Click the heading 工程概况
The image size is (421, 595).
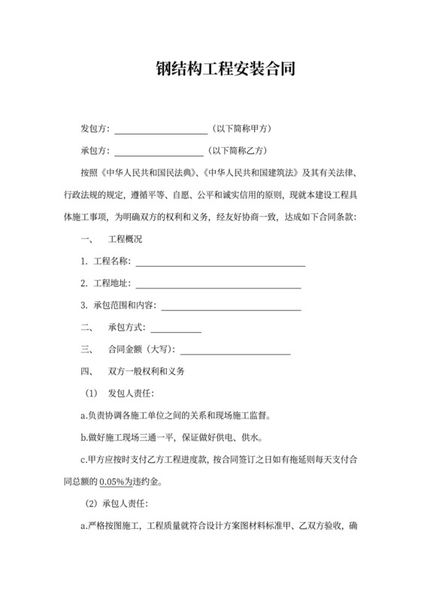coord(126,240)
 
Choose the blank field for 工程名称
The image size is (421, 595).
coord(220,263)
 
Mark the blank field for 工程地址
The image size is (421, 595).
coord(217,285)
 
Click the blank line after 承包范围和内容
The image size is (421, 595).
coord(232,307)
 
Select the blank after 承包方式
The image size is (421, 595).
coord(177,328)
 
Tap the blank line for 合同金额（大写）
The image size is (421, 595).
coord(235,350)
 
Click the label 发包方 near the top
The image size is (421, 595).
coord(94,128)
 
